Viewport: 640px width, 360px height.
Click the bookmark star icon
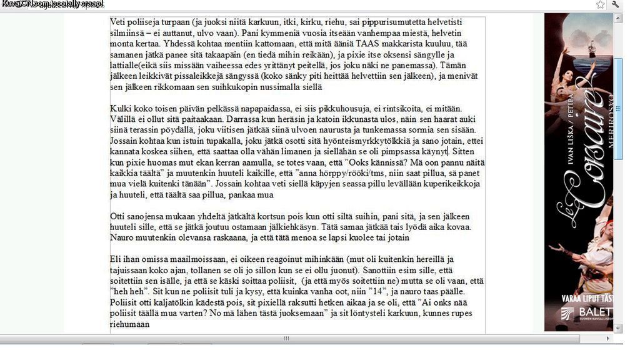click(601, 4)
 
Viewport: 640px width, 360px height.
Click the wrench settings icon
click(616, 4)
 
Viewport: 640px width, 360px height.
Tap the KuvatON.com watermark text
click(52, 4)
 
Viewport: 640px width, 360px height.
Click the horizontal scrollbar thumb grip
click(286, 339)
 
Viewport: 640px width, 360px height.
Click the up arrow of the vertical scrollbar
click(619, 18)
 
